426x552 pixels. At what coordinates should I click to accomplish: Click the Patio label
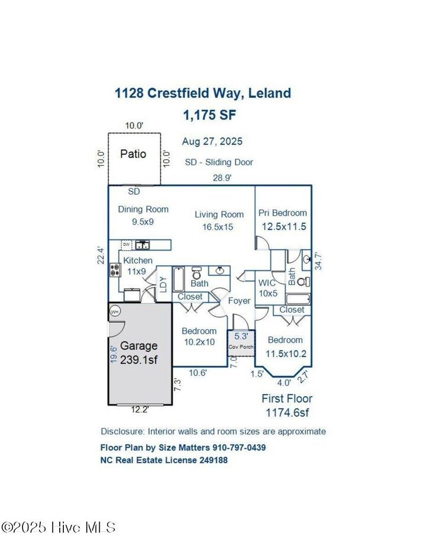tap(133, 154)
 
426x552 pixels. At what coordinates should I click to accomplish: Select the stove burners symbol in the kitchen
tap(115, 270)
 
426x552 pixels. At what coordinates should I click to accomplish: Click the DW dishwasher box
tap(126, 244)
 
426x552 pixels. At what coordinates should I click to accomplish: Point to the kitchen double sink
tap(142, 244)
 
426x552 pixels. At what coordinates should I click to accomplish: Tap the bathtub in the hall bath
tap(180, 276)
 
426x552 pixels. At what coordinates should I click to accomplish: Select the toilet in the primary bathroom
tap(302, 283)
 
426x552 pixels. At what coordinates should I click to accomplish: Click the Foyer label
tap(239, 301)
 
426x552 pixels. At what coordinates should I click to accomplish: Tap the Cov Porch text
tap(241, 345)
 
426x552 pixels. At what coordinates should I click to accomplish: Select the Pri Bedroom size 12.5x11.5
tap(283, 226)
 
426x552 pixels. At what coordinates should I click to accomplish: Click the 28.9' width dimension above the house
tap(222, 177)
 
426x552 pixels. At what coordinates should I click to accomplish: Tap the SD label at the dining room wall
tap(134, 192)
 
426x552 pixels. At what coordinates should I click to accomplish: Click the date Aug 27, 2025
tap(212, 142)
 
